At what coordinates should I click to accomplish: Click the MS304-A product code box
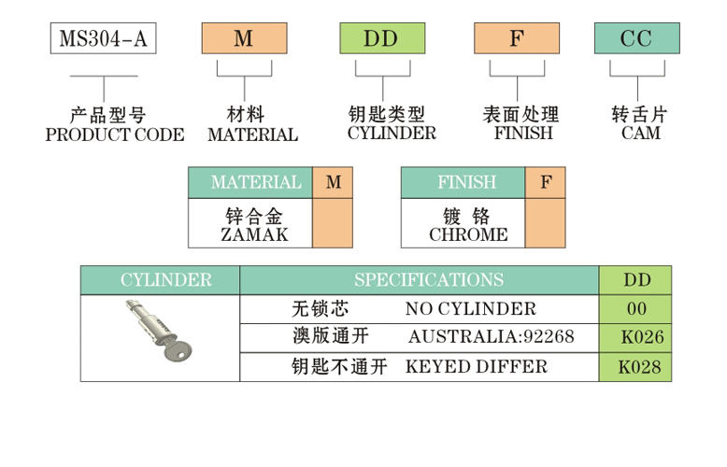(x=102, y=38)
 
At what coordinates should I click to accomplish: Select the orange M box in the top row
(x=244, y=38)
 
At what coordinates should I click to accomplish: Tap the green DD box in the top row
(x=381, y=38)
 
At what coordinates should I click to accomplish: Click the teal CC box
(x=636, y=38)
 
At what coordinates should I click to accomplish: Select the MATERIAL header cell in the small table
(x=250, y=182)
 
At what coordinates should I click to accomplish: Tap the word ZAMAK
(x=254, y=234)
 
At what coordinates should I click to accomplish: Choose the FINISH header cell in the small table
(x=463, y=182)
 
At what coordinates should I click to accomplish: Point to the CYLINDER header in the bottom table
(x=161, y=279)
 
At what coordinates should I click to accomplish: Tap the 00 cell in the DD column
(x=636, y=308)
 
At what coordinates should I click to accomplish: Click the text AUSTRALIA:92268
(x=491, y=336)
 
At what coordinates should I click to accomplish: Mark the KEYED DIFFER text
(x=477, y=365)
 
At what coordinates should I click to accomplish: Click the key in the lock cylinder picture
(x=179, y=352)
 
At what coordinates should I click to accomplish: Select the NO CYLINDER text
(x=471, y=308)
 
